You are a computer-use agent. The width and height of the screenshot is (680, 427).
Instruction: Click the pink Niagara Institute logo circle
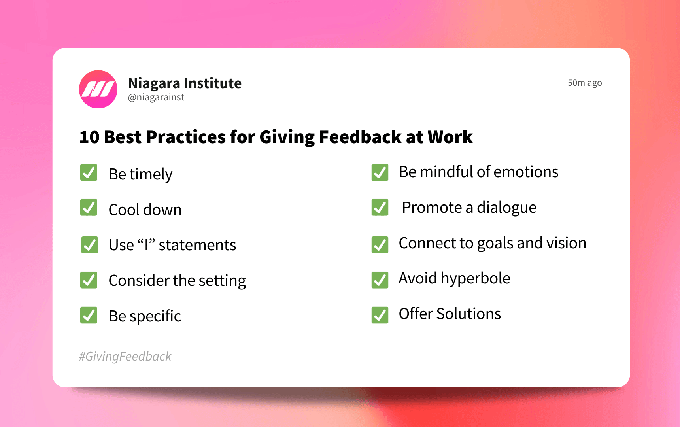click(x=98, y=89)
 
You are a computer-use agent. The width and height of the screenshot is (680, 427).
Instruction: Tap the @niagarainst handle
click(x=156, y=97)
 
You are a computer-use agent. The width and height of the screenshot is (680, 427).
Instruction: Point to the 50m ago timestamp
click(x=584, y=83)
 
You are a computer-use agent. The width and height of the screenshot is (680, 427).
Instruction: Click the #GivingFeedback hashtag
click(x=125, y=356)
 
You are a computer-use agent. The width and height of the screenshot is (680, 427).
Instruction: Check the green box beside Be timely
click(x=89, y=173)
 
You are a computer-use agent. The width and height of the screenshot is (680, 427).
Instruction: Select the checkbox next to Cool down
click(x=89, y=208)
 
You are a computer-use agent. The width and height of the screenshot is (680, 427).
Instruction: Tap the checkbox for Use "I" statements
click(x=90, y=245)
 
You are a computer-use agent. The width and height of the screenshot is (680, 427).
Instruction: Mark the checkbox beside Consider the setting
click(x=89, y=280)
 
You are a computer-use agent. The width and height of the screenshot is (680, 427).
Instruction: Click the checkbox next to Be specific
click(x=89, y=315)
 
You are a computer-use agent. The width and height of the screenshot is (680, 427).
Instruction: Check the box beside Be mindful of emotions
click(x=380, y=172)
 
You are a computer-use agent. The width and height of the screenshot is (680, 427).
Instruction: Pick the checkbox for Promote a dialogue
click(x=380, y=207)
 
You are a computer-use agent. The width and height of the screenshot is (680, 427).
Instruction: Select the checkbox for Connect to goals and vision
click(x=380, y=245)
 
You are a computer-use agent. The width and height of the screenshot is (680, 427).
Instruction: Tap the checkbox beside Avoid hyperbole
click(x=380, y=280)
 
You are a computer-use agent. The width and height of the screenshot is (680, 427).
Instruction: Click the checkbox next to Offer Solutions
click(x=380, y=315)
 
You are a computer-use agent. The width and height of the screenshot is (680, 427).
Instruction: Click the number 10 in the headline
click(x=89, y=137)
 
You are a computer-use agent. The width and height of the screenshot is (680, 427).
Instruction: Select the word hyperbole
click(x=476, y=278)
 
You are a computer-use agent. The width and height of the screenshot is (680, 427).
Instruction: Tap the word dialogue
click(x=506, y=208)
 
